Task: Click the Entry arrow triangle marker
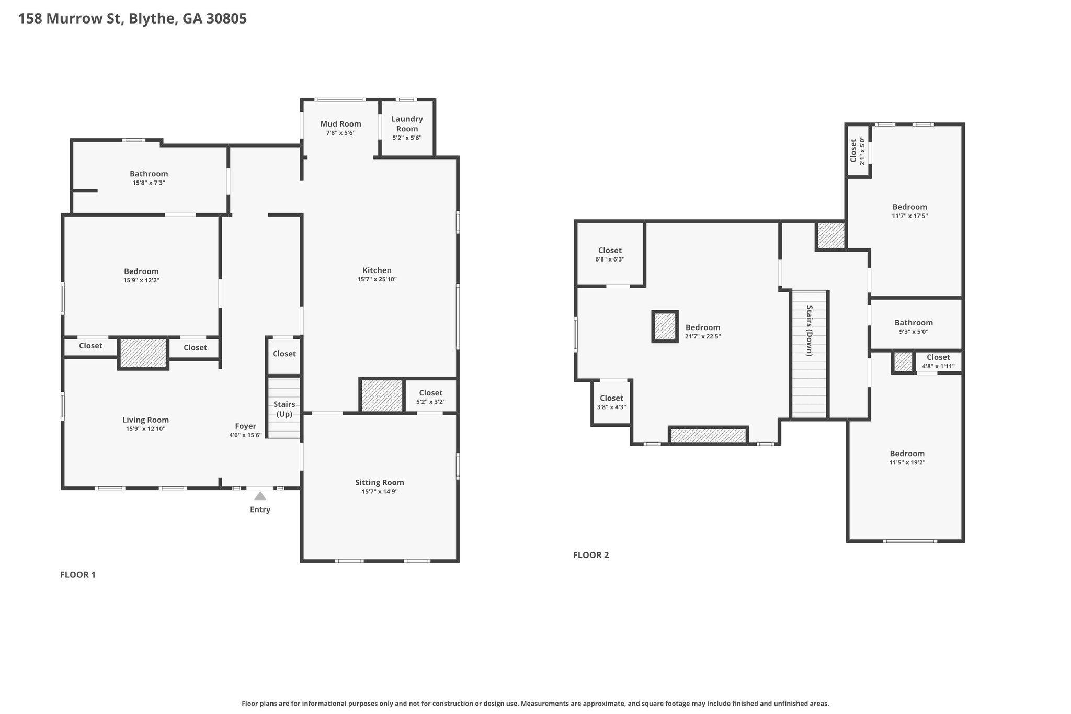pos(260,496)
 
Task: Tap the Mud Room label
pos(341,124)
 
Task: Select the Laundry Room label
pos(407,124)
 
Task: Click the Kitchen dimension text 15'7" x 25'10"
pos(377,279)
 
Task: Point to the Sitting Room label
pos(380,482)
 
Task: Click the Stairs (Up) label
pos(284,409)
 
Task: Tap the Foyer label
pos(245,426)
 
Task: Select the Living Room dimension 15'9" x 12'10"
pos(146,429)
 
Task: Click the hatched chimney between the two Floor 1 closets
pos(143,354)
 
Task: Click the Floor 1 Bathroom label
pos(149,174)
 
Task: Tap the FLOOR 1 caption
pos(78,575)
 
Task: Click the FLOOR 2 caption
pos(591,555)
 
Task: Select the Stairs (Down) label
pos(810,331)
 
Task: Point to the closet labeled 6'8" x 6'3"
pos(610,254)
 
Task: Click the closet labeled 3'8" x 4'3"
pos(611,402)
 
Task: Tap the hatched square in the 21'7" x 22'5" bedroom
pos(665,327)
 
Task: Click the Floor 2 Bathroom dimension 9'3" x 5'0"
pos(914,332)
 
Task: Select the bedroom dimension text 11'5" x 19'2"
pos(907,462)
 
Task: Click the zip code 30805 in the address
pos(226,19)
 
